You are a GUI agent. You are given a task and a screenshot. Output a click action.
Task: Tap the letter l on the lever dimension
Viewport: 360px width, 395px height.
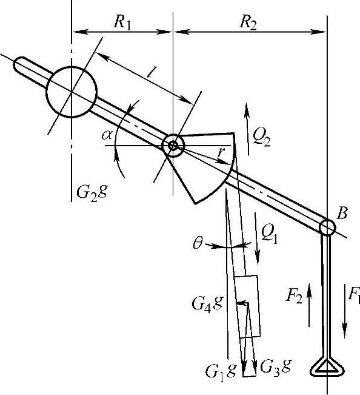pos(151,72)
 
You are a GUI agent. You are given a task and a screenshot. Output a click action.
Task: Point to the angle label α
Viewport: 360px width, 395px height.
pos(107,135)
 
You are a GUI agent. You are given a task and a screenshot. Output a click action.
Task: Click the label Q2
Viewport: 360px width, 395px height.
pos(262,138)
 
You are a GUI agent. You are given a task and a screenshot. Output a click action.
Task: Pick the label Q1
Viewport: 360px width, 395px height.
pos(269,235)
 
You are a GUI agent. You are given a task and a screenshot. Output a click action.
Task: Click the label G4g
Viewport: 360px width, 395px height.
pos(207,303)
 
